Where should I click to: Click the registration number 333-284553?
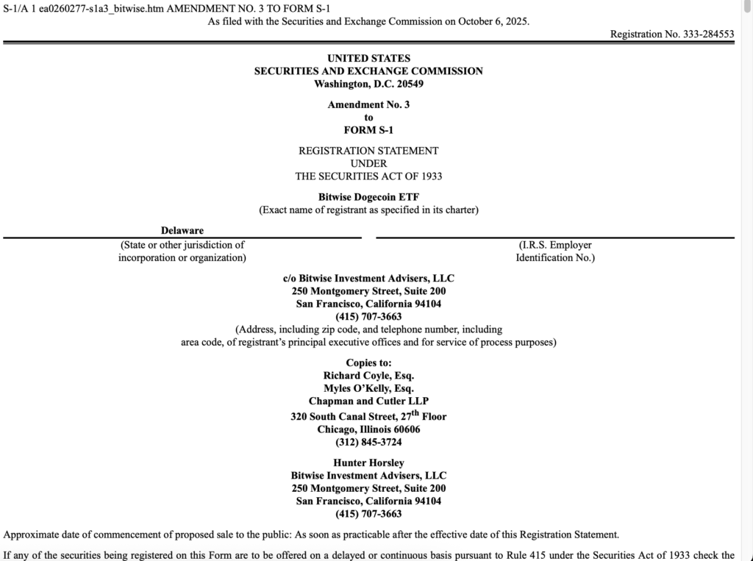708,34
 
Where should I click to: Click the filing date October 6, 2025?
493,21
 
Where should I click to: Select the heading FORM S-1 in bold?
368,130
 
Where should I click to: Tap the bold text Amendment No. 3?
368,104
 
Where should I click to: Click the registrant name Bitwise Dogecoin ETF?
368,197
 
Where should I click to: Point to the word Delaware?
182,231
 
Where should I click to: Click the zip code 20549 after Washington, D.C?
408,84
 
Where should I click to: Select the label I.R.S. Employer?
555,245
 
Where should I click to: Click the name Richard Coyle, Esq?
368,375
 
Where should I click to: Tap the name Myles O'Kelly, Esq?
368,388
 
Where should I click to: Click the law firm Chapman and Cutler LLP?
368,401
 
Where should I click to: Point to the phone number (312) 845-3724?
368,443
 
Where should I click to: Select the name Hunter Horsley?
368,463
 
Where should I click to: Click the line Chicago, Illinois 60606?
368,429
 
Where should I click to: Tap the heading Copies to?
368,362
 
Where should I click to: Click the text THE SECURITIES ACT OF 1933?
368,176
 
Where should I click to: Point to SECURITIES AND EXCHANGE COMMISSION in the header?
368,71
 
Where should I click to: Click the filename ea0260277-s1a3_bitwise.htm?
101,8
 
